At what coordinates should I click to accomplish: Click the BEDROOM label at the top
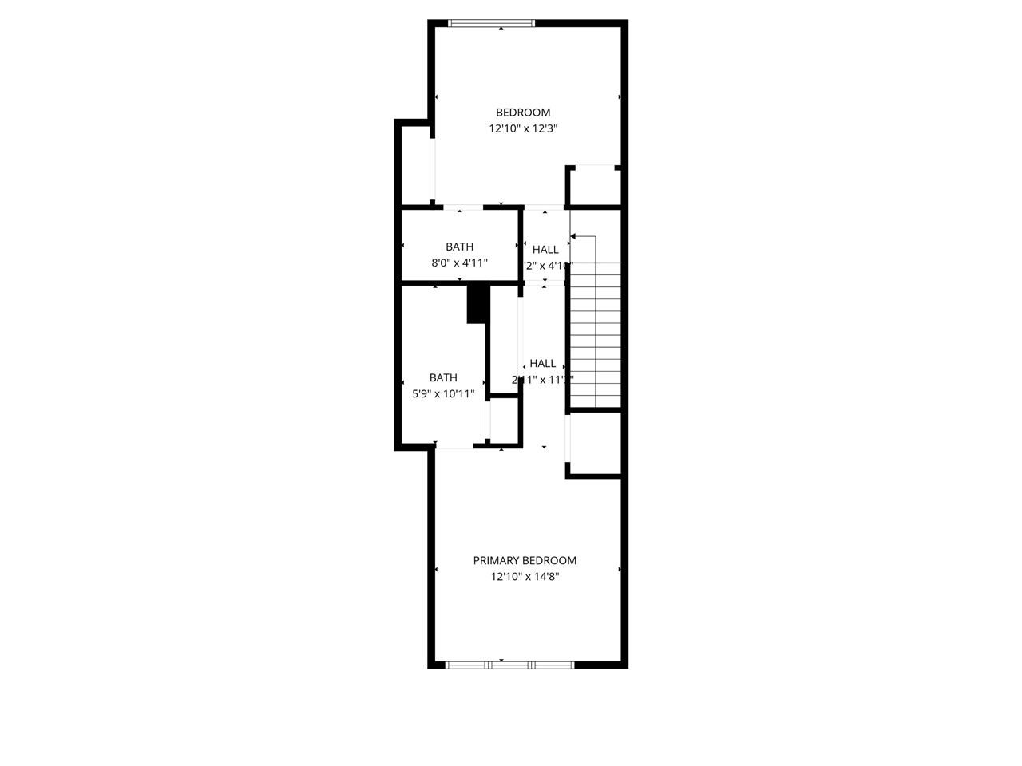(523, 113)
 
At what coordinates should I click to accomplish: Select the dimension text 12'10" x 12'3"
(523, 128)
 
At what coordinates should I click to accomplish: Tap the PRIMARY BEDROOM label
(525, 561)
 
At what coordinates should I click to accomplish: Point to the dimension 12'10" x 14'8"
(525, 577)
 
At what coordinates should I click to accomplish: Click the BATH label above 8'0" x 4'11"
(459, 247)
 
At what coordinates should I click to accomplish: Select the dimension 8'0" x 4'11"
(459, 263)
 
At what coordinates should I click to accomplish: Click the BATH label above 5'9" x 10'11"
(443, 378)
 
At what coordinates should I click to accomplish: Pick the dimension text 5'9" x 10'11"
(443, 394)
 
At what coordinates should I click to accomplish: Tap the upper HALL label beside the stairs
(545, 250)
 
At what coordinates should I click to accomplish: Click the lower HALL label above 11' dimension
(542, 364)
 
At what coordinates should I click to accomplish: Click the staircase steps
(596, 335)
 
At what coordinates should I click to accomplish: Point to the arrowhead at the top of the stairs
(573, 236)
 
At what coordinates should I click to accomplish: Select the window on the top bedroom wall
(491, 23)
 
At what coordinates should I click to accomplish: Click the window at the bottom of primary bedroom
(509, 665)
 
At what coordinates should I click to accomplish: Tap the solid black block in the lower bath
(477, 304)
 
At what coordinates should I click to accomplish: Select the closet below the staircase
(595, 444)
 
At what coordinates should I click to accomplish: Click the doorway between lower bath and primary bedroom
(454, 448)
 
